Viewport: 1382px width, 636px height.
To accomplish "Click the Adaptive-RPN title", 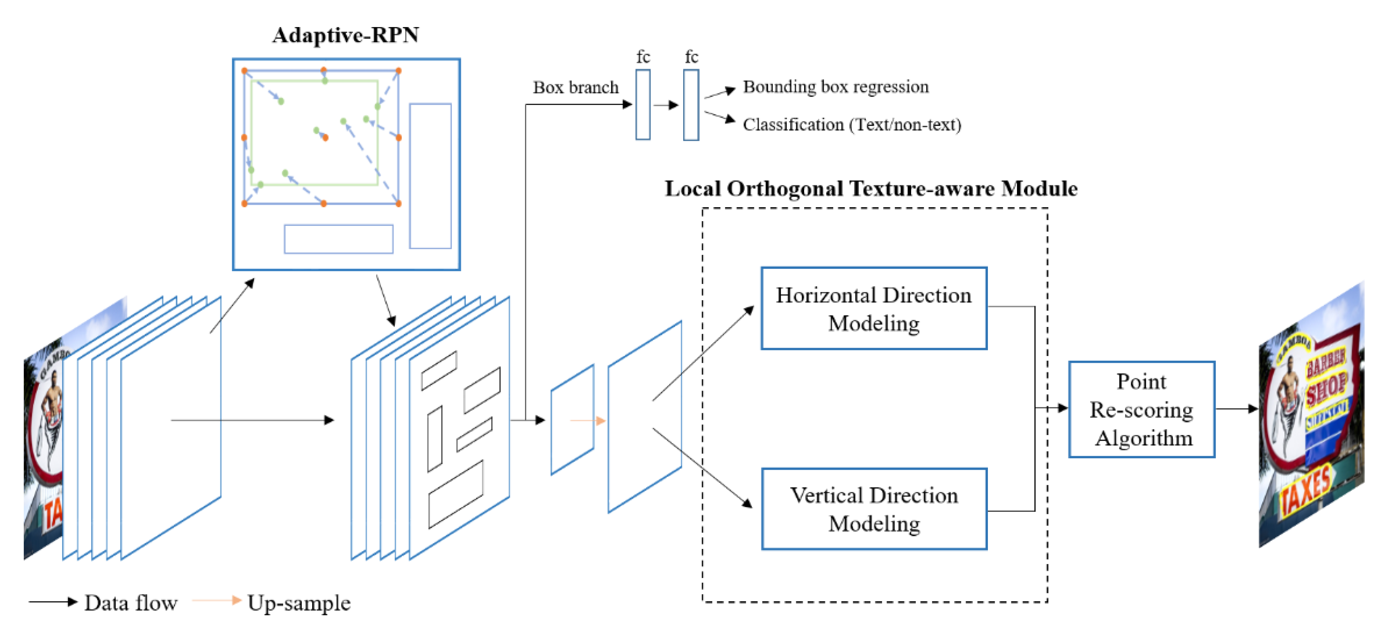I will click(x=346, y=35).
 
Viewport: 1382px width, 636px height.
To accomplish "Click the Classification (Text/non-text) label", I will click(x=851, y=124).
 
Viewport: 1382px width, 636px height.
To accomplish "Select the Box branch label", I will click(x=575, y=87).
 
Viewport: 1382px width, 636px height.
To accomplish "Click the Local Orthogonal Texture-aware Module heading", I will click(x=871, y=189).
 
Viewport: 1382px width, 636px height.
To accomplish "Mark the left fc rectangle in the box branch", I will click(x=643, y=105).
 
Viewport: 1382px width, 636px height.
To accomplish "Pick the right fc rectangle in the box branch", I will click(x=691, y=105).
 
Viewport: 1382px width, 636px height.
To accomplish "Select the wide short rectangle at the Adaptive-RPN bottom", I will click(x=338, y=239).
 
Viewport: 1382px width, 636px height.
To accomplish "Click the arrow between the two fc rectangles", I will click(x=666, y=105).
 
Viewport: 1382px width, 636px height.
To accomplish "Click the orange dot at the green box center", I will click(x=325, y=138).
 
